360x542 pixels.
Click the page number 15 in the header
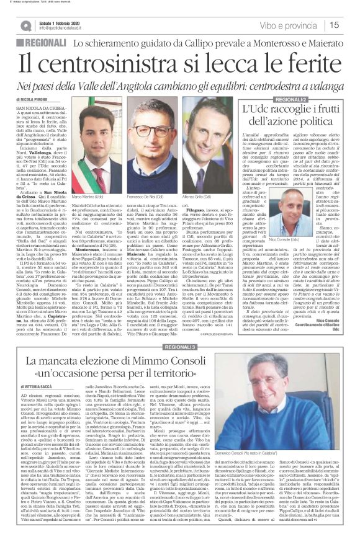point(349,25)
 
